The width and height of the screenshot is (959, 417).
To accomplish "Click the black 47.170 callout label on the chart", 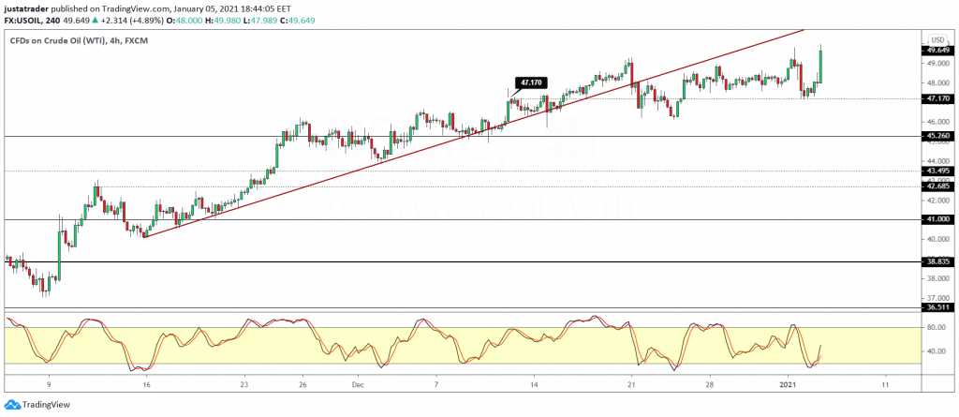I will coord(529,82).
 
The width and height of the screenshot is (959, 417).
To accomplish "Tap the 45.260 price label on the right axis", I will coord(937,136).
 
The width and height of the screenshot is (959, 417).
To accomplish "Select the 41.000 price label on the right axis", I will coord(937,219).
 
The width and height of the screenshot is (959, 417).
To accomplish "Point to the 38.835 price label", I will coord(937,261).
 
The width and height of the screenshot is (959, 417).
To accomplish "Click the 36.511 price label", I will coord(937,306).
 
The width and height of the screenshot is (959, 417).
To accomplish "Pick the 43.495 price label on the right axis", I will coord(937,171).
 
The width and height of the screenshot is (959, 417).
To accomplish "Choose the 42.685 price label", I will coord(937,186).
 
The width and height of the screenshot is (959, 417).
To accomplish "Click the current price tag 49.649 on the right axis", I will coord(937,51).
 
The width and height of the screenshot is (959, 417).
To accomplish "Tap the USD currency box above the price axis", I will coord(936,39).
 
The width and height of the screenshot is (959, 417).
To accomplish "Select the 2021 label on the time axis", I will coord(789,384).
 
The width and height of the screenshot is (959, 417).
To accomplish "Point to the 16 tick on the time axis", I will coord(146,384).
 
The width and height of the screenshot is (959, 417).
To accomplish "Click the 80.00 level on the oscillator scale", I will coord(936,327).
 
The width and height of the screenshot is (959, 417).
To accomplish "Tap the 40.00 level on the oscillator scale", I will coord(936,352).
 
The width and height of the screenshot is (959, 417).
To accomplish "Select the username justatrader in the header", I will coord(28,7).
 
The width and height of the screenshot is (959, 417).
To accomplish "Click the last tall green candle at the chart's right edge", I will coord(820,66).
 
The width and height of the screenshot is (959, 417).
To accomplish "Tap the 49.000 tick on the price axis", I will coord(937,63).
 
